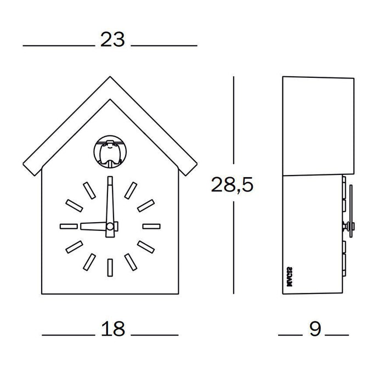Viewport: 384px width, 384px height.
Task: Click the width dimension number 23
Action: click(112, 39)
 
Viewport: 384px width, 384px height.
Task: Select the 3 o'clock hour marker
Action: click(150, 225)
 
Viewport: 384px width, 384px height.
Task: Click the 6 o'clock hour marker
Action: click(110, 267)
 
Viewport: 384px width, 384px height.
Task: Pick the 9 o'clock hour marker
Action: click(69, 225)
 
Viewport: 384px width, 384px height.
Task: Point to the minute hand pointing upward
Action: click(110, 200)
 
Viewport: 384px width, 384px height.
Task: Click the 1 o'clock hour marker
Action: click(130, 190)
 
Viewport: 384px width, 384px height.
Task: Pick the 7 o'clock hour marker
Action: click(89, 260)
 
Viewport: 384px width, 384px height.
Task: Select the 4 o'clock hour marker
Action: click(145, 246)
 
